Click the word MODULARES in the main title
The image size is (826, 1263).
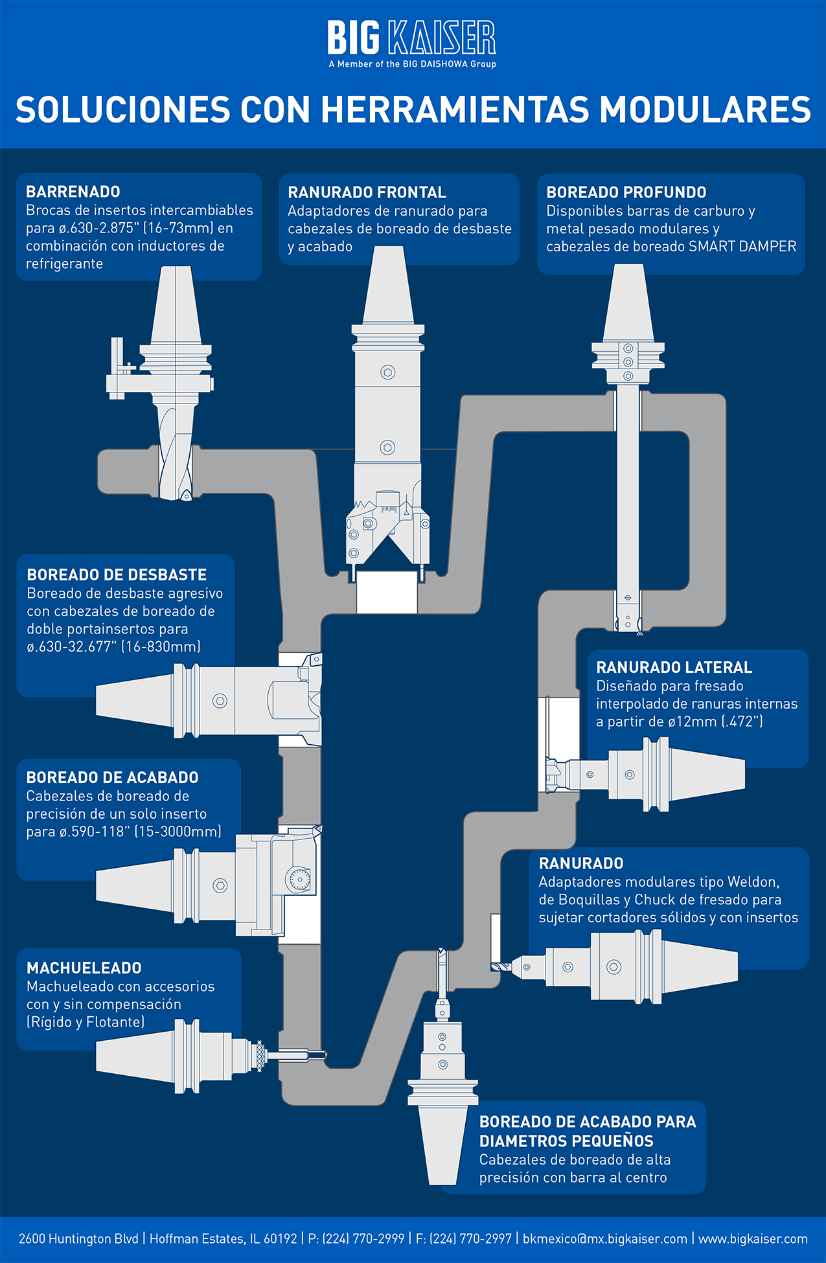[706, 109]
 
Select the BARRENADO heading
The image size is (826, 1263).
[73, 192]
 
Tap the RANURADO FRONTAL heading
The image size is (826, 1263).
[367, 192]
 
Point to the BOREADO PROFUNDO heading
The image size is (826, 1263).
[626, 192]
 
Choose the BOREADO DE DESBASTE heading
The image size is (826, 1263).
[117, 575]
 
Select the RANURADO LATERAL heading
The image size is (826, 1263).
[674, 667]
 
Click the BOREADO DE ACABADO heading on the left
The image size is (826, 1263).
[112, 777]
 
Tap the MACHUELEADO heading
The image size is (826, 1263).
[84, 968]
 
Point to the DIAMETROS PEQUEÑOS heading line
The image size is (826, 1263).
[566, 1141]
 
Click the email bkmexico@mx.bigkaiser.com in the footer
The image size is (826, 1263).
[605, 1238]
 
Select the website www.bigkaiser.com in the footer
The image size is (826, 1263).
[753, 1238]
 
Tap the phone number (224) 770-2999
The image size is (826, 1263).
[363, 1238]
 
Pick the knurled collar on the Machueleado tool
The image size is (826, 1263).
[260, 1056]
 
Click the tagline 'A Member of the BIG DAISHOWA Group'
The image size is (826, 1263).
[412, 64]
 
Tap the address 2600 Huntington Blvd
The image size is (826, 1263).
[78, 1238]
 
